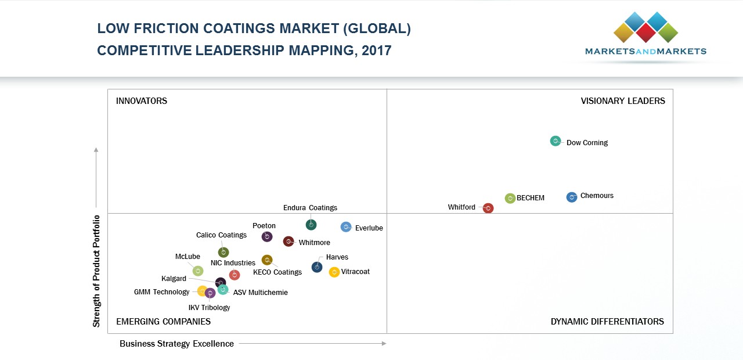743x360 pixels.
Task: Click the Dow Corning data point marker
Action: (x=556, y=141)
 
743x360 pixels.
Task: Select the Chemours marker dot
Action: (x=572, y=197)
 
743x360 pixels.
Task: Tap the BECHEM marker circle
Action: (x=510, y=199)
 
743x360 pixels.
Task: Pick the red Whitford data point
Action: (x=488, y=208)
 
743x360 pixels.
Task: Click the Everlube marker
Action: (x=346, y=227)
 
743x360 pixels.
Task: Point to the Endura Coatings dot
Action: (x=311, y=225)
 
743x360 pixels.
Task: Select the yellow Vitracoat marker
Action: (x=334, y=272)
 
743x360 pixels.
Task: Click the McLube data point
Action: (x=198, y=271)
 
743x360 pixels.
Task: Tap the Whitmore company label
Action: (x=314, y=243)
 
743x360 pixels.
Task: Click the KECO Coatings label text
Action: (x=277, y=272)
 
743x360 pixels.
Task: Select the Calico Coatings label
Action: (x=221, y=235)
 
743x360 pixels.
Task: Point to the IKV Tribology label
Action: (x=209, y=308)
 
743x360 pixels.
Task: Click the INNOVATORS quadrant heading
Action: (x=142, y=101)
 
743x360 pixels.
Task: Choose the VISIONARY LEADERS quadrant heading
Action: (x=623, y=101)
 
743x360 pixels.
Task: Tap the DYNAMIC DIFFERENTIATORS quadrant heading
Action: (x=607, y=322)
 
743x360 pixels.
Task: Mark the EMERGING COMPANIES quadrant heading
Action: (x=163, y=322)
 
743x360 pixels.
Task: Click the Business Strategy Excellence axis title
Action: (x=176, y=344)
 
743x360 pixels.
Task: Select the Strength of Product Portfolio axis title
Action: (x=96, y=271)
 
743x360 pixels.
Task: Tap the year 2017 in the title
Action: (x=377, y=51)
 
